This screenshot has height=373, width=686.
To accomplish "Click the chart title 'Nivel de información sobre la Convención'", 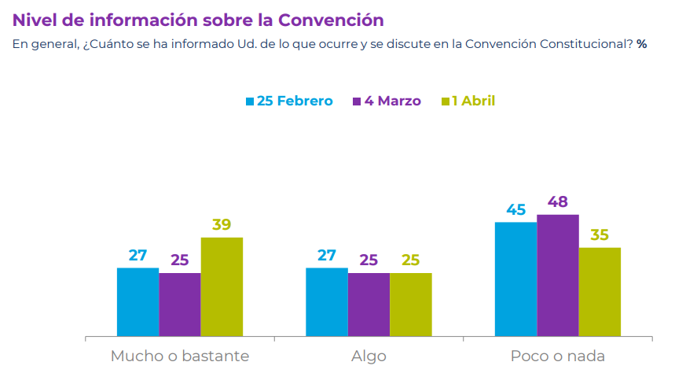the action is click(198, 20).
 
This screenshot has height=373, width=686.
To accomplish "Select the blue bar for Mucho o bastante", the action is click(138, 302).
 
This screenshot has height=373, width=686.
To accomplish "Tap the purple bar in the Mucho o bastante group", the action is click(180, 305).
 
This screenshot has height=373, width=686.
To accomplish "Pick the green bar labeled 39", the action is click(222, 286).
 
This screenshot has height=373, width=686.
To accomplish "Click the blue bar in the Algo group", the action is click(327, 302).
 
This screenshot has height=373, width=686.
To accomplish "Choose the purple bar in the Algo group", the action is click(369, 305).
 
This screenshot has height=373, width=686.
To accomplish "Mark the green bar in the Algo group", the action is click(411, 305).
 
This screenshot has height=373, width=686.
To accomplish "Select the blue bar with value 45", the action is click(515, 279).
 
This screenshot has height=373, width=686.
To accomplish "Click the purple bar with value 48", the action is click(558, 275).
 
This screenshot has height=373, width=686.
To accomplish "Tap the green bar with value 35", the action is click(600, 292).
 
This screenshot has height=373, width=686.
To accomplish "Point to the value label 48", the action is click(558, 201).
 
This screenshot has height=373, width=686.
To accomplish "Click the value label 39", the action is click(222, 224).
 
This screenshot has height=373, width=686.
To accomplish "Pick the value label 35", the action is click(600, 235).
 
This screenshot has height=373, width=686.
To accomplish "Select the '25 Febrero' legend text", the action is click(295, 101).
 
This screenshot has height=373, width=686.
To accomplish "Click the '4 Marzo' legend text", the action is click(393, 101).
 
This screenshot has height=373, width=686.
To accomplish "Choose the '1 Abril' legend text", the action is click(474, 101).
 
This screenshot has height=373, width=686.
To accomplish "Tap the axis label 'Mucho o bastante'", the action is click(180, 356).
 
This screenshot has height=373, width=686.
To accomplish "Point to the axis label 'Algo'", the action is click(369, 356).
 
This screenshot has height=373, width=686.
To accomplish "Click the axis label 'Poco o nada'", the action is click(558, 356).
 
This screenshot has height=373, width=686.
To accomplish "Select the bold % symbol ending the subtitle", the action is click(642, 44).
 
